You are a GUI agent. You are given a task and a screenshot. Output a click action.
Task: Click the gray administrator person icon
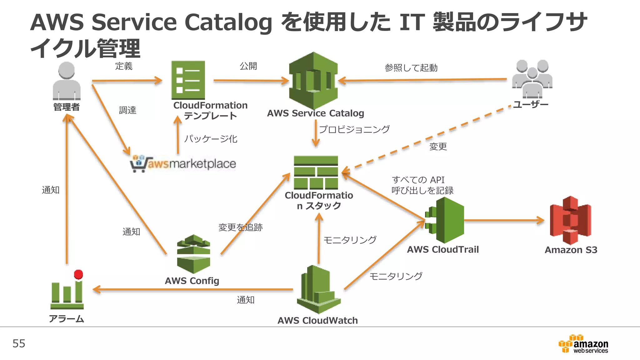[x=67, y=81]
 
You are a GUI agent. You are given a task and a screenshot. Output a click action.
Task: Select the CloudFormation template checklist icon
[x=188, y=80]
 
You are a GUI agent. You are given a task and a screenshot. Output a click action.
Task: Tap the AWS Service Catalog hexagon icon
[x=313, y=80]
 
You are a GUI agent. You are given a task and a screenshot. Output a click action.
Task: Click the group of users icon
[x=532, y=79]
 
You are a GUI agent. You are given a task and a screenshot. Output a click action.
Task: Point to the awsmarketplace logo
[x=183, y=163]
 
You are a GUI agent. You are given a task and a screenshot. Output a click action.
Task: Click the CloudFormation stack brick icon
[x=316, y=172]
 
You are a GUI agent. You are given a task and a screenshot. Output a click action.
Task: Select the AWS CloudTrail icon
[x=445, y=220]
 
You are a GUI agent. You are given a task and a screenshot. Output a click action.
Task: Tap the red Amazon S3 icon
[x=571, y=220]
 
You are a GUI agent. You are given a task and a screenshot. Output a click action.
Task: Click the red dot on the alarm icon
[x=78, y=274]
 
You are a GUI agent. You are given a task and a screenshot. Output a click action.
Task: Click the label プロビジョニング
[x=354, y=129]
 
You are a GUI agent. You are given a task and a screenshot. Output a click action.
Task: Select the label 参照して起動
[x=411, y=67]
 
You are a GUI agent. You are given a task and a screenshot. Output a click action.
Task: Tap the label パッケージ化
[x=211, y=138]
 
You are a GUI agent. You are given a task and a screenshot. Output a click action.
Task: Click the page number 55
[x=19, y=343]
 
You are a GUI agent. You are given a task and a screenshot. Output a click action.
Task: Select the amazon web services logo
[x=583, y=344]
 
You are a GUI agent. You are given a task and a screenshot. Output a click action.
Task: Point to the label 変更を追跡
[x=240, y=227]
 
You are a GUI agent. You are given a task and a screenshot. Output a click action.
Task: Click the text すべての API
[x=418, y=180]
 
